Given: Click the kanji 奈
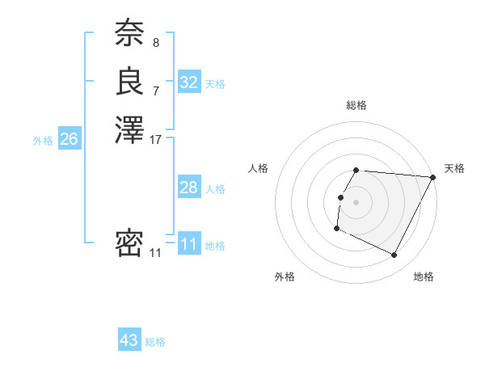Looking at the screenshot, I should (129, 34).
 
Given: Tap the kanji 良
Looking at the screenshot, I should (129, 82).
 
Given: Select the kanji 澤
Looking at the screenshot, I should (129, 129).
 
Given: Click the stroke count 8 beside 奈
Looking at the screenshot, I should (156, 42).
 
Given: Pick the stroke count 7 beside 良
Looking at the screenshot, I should (156, 91).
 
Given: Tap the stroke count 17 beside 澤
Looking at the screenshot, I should (156, 139).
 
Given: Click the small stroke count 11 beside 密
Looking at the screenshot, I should (156, 253).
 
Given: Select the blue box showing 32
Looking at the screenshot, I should (189, 82).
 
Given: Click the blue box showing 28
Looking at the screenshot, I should (189, 188).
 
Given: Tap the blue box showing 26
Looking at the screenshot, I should (69, 139).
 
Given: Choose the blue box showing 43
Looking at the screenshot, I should (129, 340).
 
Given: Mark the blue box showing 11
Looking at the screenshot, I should (189, 244).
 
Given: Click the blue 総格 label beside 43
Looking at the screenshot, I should (156, 342).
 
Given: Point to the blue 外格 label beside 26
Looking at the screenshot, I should (43, 141).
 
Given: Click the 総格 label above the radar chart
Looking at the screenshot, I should (356, 105).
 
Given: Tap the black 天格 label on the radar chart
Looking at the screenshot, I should (454, 168).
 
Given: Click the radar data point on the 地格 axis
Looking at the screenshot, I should (394, 255).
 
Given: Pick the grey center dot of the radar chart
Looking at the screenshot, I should (356, 202).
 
